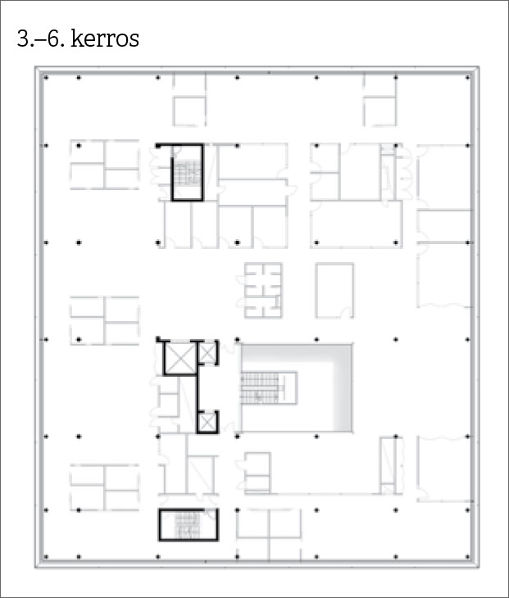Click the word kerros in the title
[x=105, y=39]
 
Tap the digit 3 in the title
[x=23, y=39]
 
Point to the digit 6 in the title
[x=53, y=39]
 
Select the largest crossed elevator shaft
[x=180, y=359]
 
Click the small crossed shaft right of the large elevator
[x=208, y=353]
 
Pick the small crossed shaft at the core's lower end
[x=207, y=422]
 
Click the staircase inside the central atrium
[x=260, y=388]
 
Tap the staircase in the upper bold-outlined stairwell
[x=188, y=172]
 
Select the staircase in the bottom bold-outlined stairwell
[x=188, y=525]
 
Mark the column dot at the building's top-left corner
[x=46, y=78]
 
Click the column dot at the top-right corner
[x=468, y=78]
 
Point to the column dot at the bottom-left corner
[x=46, y=557]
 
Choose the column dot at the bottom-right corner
[x=468, y=557]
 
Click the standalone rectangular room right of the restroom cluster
[x=334, y=291]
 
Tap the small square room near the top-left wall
[x=189, y=111]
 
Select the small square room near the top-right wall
[x=380, y=111]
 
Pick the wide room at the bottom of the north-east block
[x=357, y=224]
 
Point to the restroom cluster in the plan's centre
[x=263, y=291]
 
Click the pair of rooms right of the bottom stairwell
[x=269, y=524]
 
